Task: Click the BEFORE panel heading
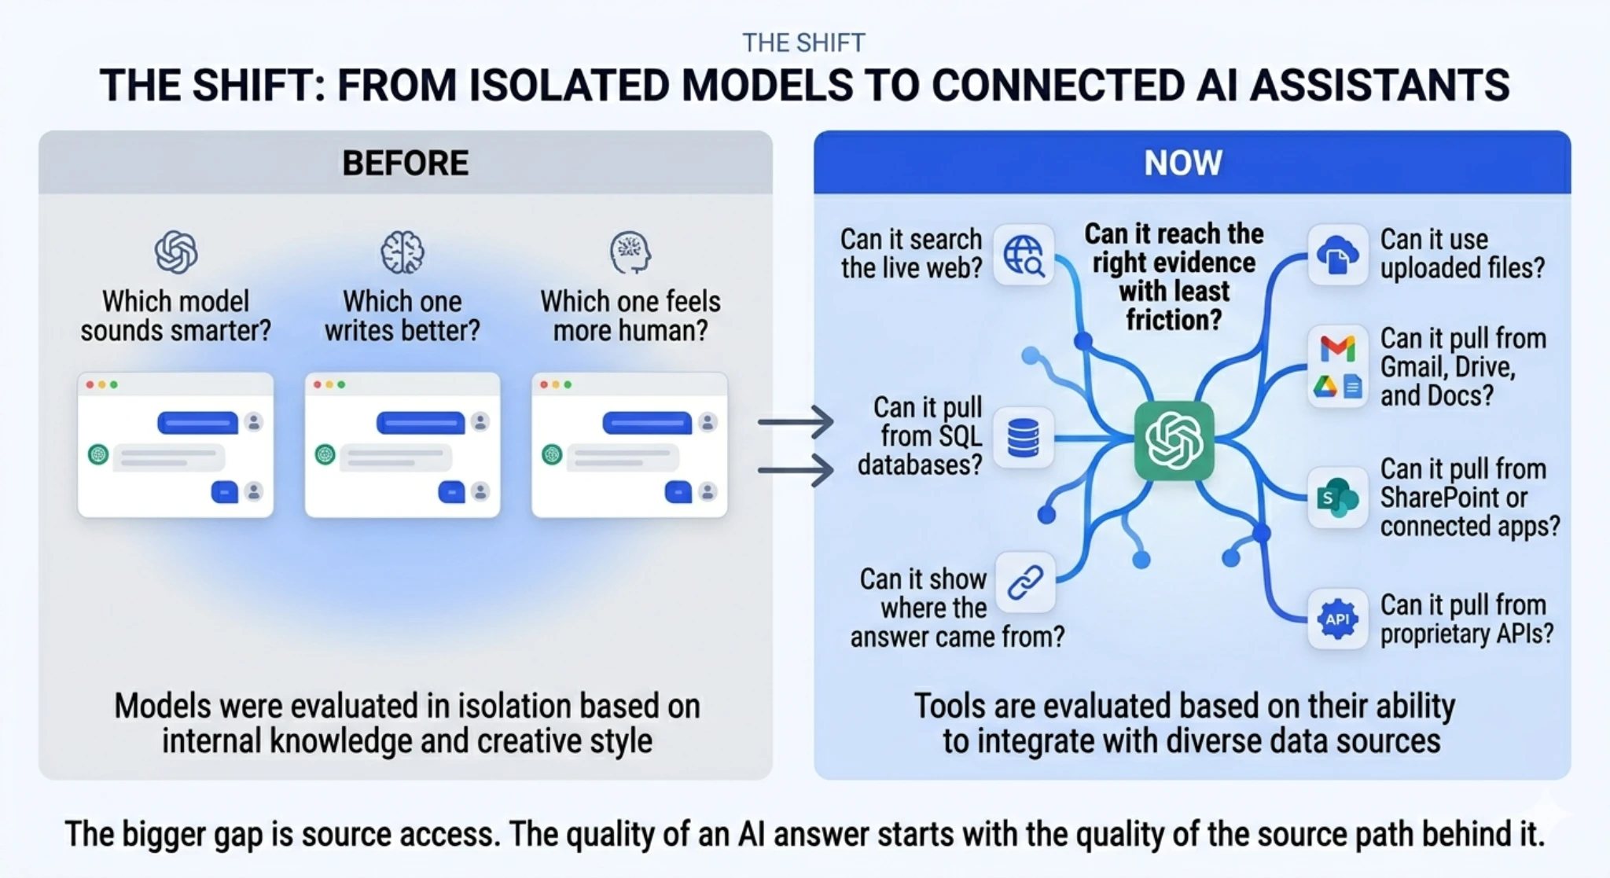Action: pos(405,163)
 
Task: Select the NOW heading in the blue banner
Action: pos(1182,163)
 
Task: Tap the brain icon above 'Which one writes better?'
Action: pos(402,252)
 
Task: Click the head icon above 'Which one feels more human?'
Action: pos(630,252)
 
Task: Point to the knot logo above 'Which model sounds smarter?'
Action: pos(175,252)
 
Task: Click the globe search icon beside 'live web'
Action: pos(1024,255)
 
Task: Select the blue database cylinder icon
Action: pos(1023,438)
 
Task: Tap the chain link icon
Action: pos(1025,582)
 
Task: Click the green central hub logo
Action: pos(1174,441)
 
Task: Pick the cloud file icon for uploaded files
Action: pos(1337,255)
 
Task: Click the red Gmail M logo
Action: pos(1337,348)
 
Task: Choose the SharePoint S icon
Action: pos(1336,498)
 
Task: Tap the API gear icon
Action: pos(1337,619)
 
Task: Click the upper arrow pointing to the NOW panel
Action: pos(796,422)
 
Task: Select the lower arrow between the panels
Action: pos(796,470)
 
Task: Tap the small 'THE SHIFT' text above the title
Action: pos(803,42)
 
